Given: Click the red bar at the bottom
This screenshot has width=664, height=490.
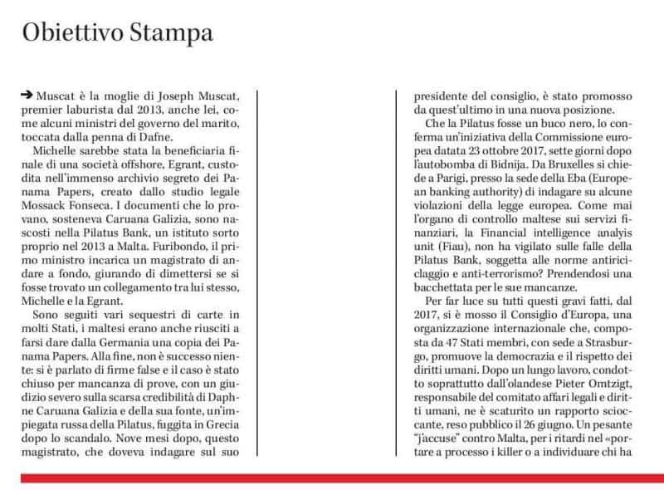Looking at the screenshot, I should point(332,478).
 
